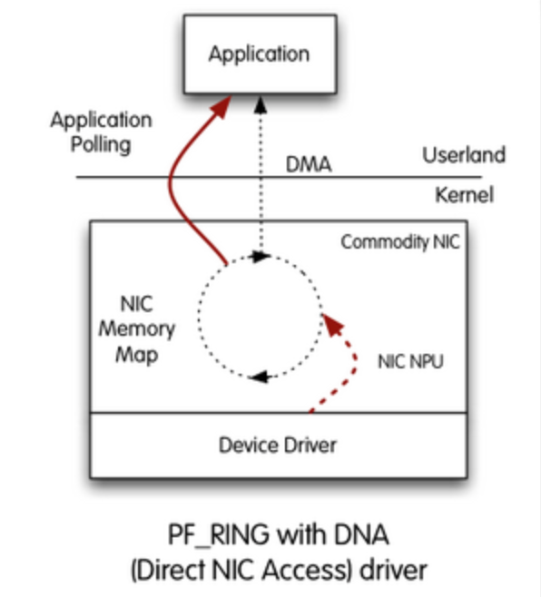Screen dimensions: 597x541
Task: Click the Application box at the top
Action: [259, 54]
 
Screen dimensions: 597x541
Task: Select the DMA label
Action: [310, 165]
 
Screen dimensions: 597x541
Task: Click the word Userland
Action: [463, 155]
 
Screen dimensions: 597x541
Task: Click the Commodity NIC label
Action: [399, 242]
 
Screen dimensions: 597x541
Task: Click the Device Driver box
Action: [278, 445]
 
